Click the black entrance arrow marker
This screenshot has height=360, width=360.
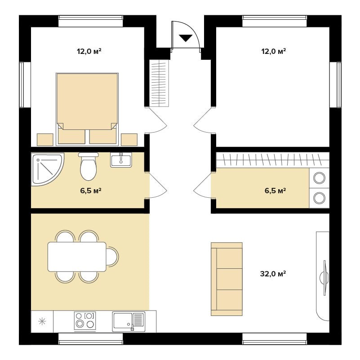(x=186, y=38)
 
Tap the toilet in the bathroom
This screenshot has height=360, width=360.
(x=89, y=166)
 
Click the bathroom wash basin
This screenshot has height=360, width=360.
(x=121, y=160)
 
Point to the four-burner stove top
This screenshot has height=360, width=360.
(x=85, y=321)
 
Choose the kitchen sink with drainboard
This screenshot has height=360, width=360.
(x=129, y=321)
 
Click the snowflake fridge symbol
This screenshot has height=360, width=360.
(x=42, y=321)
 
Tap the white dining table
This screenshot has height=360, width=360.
(x=77, y=257)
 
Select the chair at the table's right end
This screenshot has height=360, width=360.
(x=112, y=257)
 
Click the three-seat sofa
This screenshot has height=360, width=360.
(x=227, y=279)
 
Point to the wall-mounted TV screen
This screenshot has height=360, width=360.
(x=324, y=278)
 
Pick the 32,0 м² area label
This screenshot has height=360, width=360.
(x=273, y=274)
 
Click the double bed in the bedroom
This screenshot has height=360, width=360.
(x=87, y=109)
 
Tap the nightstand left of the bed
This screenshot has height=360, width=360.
(x=45, y=140)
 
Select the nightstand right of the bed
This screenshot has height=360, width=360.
(x=129, y=140)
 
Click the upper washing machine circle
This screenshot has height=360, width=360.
(x=320, y=178)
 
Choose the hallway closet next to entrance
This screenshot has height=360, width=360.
(x=160, y=83)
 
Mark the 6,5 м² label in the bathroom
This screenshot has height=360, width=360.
(x=91, y=191)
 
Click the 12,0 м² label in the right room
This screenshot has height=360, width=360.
(x=274, y=51)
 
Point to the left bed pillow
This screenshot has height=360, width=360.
(x=71, y=136)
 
